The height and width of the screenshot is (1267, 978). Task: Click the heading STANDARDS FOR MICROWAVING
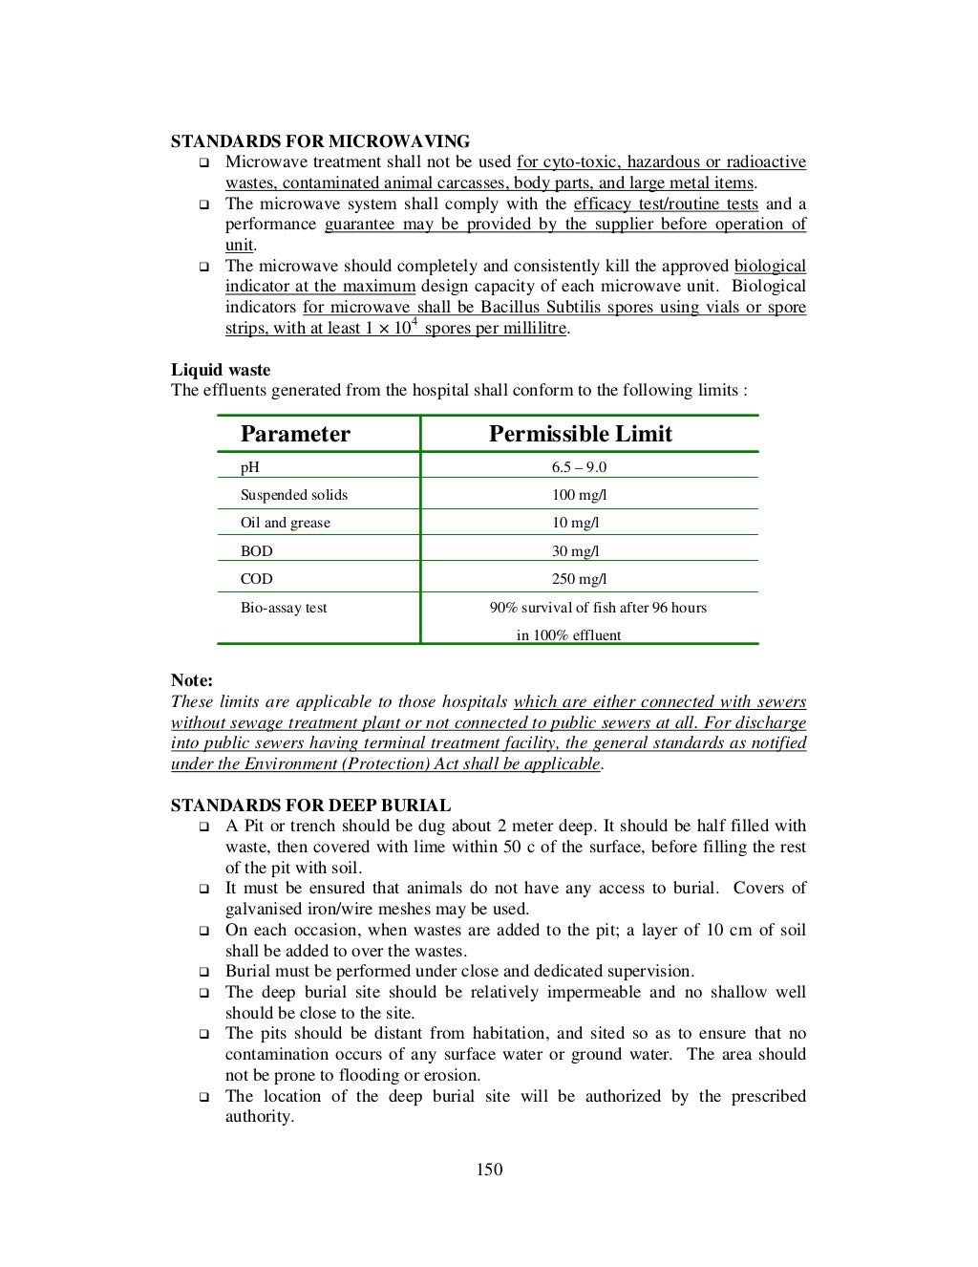click(320, 141)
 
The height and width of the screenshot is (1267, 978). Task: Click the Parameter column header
click(295, 434)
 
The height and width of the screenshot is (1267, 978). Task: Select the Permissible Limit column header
click(580, 434)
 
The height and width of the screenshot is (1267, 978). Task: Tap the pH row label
click(250, 467)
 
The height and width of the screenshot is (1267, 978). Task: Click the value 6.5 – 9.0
click(579, 467)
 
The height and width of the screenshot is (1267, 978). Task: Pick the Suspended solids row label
click(294, 495)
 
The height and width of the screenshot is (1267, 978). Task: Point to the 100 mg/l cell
click(579, 495)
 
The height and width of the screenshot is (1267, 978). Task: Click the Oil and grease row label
click(286, 523)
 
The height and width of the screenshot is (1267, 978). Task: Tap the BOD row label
click(257, 551)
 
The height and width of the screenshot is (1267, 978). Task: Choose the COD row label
click(257, 579)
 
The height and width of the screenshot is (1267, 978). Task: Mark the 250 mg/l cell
click(579, 579)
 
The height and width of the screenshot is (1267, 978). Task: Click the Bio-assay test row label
click(284, 608)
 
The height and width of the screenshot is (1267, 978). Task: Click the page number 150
click(489, 1170)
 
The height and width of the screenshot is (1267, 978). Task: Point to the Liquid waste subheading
click(221, 370)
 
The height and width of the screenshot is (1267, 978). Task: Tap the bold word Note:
click(192, 680)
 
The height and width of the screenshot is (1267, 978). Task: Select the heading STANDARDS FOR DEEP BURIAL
click(310, 805)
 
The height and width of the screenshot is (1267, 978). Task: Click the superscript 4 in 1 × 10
click(414, 321)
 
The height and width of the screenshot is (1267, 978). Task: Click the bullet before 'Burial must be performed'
click(203, 972)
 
